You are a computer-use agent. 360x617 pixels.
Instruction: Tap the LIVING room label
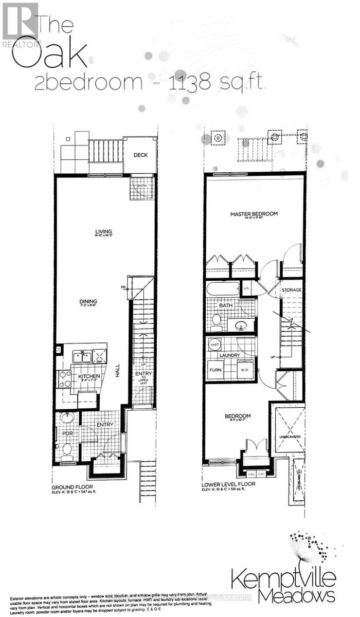(x=103, y=232)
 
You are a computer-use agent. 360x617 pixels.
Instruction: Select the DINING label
(x=88, y=302)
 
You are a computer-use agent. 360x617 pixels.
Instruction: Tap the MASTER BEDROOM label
(x=254, y=214)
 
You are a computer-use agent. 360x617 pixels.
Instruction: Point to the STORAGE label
(x=291, y=291)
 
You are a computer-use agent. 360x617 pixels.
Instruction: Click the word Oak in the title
(x=48, y=56)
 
